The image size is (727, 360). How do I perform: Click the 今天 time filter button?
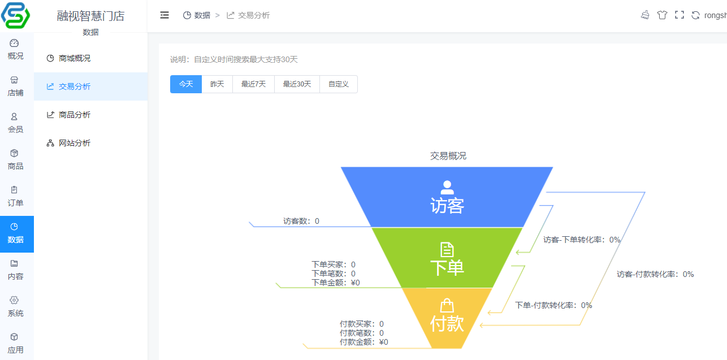coord(186,84)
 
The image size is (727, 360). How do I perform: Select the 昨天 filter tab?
coord(217,84)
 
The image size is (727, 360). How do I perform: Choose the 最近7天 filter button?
coord(253,84)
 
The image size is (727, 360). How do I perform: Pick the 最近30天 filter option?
coord(297,84)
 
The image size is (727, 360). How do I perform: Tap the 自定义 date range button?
coord(339,84)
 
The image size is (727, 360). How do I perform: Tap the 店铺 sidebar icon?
coord(14,80)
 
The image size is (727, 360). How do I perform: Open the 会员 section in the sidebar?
coord(15,123)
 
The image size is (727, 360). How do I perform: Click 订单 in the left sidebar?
coord(15,197)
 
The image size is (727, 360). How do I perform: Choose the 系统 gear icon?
coord(14,300)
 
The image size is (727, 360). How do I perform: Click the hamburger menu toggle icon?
coord(165,15)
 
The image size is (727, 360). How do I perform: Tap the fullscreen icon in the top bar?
coord(680,15)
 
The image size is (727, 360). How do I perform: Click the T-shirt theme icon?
coord(662,15)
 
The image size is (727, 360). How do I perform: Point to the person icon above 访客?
coord(447,187)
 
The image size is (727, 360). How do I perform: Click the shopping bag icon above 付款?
coord(447,305)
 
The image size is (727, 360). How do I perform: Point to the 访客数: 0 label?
coord(301,221)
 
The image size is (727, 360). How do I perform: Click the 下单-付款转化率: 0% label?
coord(553,305)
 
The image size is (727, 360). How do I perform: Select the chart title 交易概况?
coord(448,156)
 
